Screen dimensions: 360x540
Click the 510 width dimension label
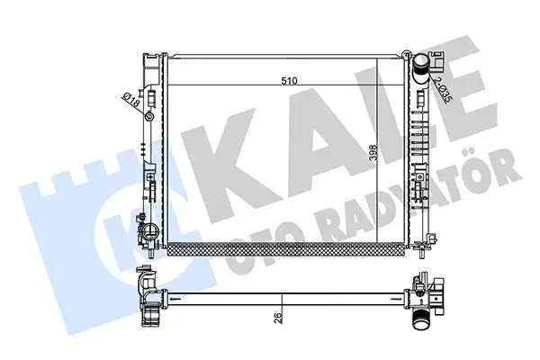(x=288, y=80)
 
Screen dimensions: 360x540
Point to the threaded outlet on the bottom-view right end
(x=421, y=319)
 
